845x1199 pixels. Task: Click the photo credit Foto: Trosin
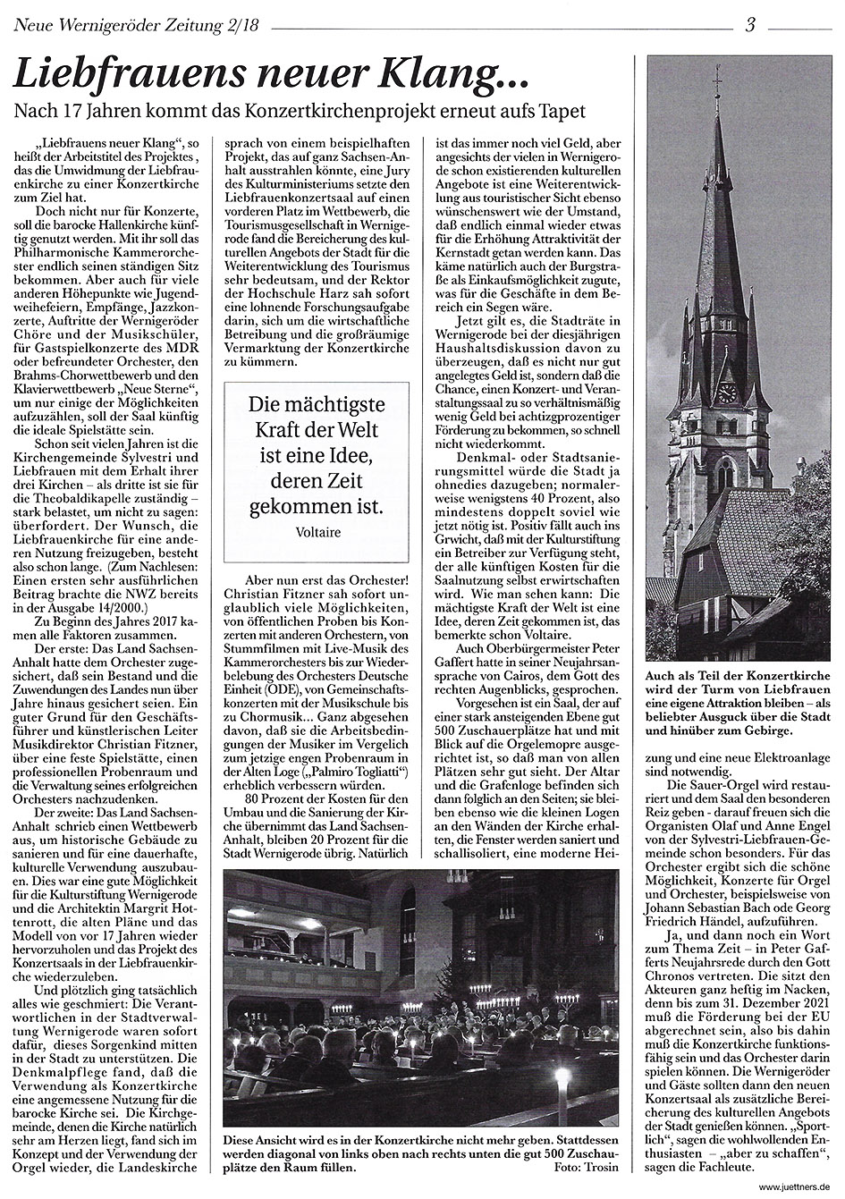point(588,1170)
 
